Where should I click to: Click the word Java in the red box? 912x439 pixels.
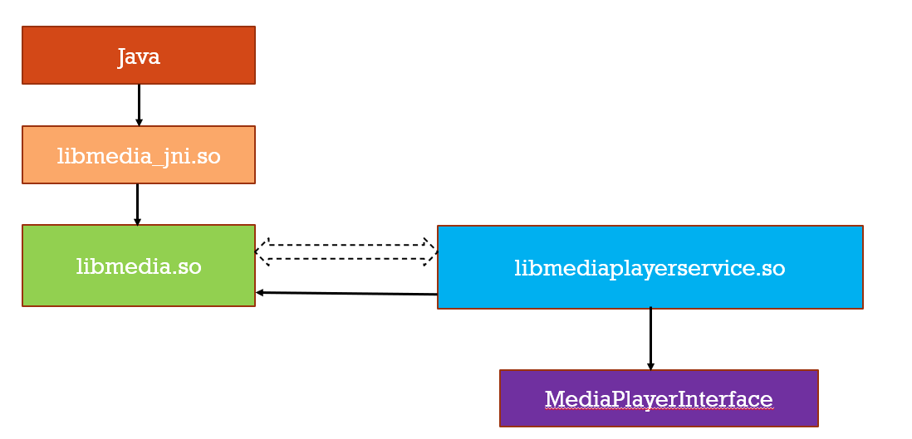pyautogui.click(x=139, y=56)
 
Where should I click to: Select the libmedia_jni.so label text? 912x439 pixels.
pyautogui.click(x=139, y=155)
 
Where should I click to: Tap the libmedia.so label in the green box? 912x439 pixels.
pyautogui.click(x=139, y=266)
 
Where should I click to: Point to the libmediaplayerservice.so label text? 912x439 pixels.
pyautogui.click(x=650, y=268)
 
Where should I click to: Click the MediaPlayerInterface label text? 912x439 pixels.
pyautogui.click(x=659, y=399)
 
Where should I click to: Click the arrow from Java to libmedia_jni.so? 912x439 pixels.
pyautogui.click(x=139, y=103)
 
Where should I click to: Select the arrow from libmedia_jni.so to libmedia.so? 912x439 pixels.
pyautogui.click(x=137, y=202)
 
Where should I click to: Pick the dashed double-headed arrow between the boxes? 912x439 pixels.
pyautogui.click(x=346, y=251)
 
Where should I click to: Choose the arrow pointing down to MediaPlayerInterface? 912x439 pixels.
pyautogui.click(x=650, y=336)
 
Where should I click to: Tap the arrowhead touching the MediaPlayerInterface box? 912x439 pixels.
pyautogui.click(x=650, y=366)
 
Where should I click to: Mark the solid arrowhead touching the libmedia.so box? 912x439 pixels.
pyautogui.click(x=260, y=292)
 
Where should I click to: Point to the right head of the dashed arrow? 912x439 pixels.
pyautogui.click(x=430, y=251)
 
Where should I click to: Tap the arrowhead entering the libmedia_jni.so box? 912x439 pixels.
pyautogui.click(x=139, y=122)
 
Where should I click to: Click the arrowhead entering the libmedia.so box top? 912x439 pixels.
pyautogui.click(x=137, y=222)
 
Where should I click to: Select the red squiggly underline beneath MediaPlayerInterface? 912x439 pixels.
pyautogui.click(x=659, y=410)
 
